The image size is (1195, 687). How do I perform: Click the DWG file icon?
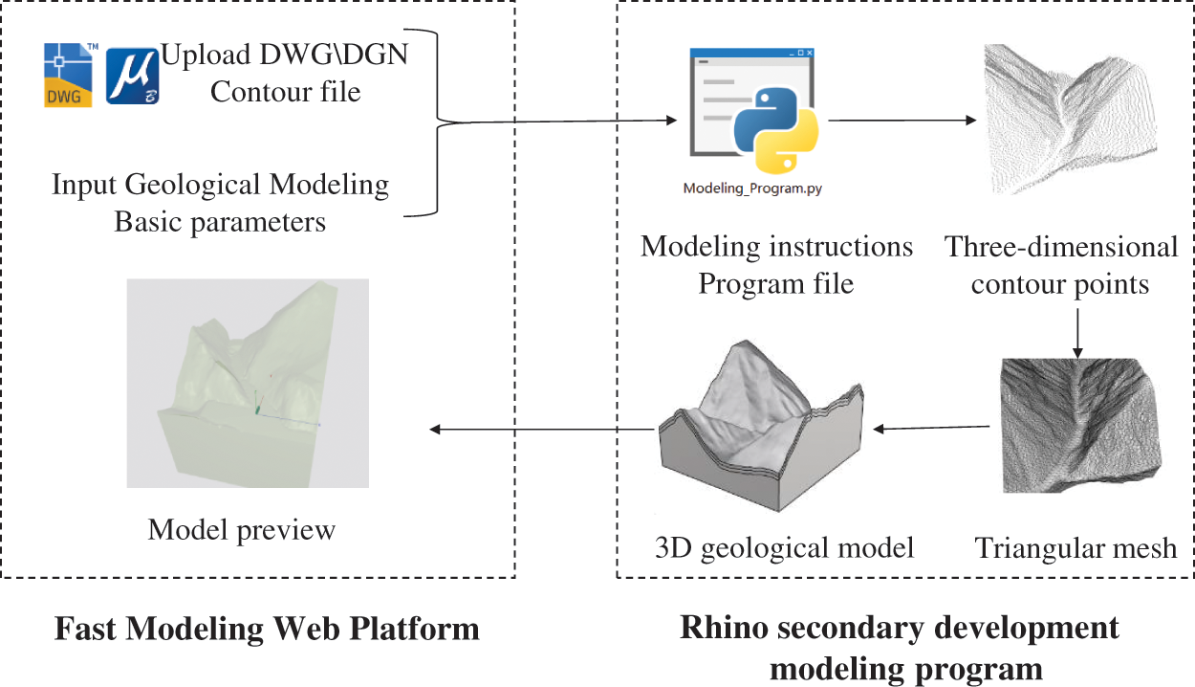tap(69, 76)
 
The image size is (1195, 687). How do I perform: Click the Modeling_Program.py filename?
tap(752, 188)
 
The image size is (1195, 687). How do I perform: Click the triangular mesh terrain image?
tap(1079, 425)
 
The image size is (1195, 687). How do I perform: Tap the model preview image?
tap(248, 383)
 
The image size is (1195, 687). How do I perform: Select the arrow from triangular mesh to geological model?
tap(932, 428)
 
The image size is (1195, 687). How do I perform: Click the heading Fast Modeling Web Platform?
tap(267, 629)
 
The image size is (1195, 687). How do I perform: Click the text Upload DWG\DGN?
tap(284, 55)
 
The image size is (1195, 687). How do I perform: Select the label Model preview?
tap(242, 529)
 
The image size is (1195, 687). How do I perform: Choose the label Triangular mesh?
tap(1075, 548)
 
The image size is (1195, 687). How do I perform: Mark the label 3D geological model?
tap(785, 548)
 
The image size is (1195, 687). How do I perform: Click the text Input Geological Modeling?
tap(221, 184)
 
